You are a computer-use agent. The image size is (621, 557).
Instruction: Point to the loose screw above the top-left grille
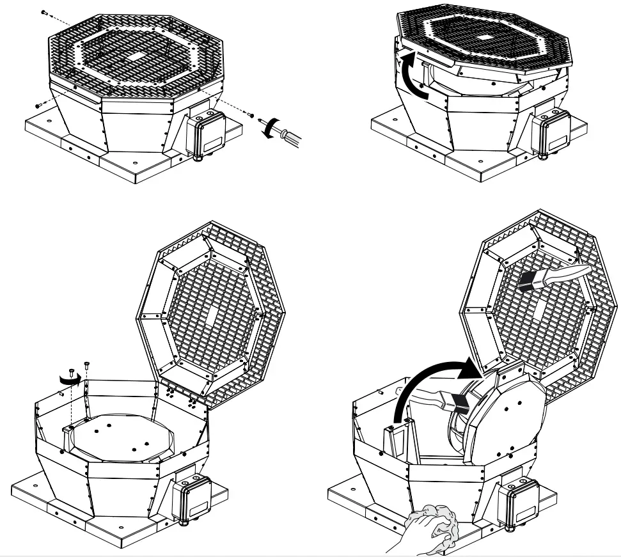[44, 12]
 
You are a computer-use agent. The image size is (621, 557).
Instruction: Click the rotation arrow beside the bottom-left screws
[68, 379]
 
